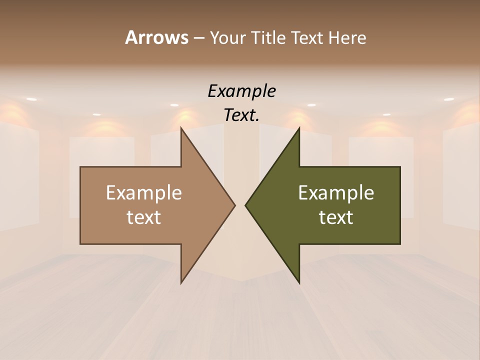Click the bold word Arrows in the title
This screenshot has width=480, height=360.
pos(156,37)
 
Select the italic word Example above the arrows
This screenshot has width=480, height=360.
pos(241,91)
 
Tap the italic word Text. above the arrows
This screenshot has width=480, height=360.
pos(241,115)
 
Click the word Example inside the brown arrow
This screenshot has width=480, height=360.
pos(144,192)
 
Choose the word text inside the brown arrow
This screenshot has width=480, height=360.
pos(144,217)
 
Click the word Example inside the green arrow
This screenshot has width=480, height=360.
pos(336,192)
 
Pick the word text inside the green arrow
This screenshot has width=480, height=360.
pos(336,217)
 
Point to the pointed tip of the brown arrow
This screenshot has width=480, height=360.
pos(234,205)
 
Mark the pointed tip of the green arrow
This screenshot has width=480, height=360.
pos(245,205)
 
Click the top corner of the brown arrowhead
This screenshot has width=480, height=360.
pos(181,128)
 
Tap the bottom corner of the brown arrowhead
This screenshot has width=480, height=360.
pos(181,283)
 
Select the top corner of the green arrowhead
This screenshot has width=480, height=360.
pos(299,128)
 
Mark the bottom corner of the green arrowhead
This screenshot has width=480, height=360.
pos(299,283)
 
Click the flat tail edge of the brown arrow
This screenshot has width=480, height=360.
pos(80,205)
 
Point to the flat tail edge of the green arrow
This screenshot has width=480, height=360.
pos(400,205)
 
